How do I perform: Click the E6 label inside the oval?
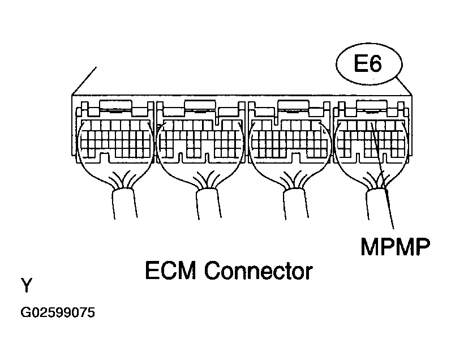point(368,63)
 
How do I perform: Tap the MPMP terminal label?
point(395,247)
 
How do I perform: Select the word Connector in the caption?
point(259,271)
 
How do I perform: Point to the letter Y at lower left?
point(27,285)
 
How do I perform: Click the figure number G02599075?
point(58,312)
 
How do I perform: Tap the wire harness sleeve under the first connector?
point(124,204)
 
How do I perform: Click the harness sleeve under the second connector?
point(209,204)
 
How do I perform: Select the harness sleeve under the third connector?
point(296,204)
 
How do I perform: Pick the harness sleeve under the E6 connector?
point(378,204)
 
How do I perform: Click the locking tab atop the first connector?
point(115,105)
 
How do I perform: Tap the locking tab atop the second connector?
point(200,105)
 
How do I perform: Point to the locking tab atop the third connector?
point(294,105)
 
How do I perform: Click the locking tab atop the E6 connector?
point(371,105)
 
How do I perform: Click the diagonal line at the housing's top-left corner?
point(84,81)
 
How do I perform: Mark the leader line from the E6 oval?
point(404,86)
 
